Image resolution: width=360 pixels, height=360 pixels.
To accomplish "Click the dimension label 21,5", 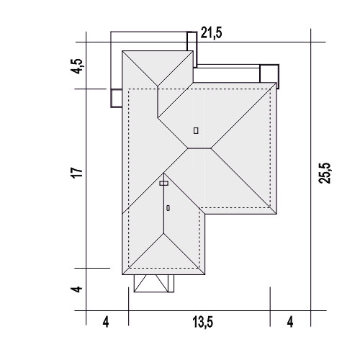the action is tap(211, 33).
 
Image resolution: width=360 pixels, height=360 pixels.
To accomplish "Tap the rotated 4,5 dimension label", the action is tap(77, 66).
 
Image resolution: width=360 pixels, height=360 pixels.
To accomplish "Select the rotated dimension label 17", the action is tap(77, 172).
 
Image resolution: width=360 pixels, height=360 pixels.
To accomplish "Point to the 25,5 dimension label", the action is tap(325, 173).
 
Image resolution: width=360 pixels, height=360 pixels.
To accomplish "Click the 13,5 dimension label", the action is tap(203, 322).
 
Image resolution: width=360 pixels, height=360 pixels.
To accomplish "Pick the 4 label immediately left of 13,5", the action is tap(106, 322).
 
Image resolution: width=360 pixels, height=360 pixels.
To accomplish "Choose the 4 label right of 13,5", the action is tap(290, 322).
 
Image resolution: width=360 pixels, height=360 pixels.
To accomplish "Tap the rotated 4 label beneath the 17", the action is tap(77, 289).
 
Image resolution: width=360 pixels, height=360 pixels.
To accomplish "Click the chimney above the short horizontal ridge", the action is tap(196, 131).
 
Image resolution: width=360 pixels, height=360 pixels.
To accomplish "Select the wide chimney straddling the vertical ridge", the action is tap(163, 184).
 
